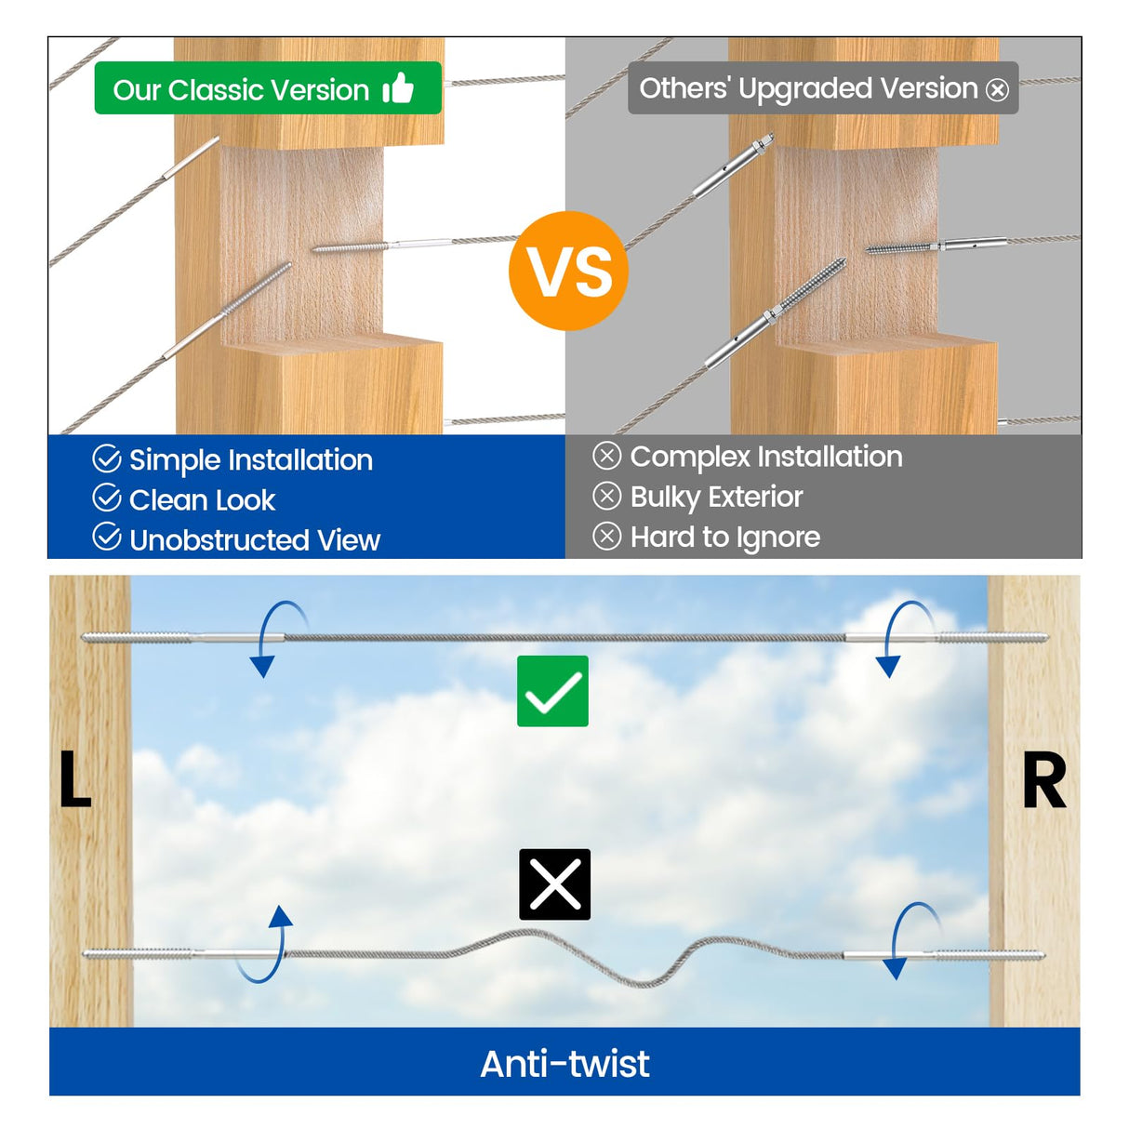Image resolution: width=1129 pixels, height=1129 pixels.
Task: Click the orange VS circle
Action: (x=568, y=271)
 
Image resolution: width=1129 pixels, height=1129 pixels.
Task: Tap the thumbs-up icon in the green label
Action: (x=398, y=88)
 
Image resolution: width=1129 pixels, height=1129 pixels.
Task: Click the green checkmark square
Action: (x=552, y=691)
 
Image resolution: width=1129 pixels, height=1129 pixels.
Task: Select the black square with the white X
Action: (x=554, y=884)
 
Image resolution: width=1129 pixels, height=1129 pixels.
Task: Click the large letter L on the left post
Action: (x=74, y=778)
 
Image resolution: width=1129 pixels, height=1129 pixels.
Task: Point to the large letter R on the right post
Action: (x=1043, y=781)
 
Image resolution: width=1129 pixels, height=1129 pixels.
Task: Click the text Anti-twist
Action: (x=564, y=1064)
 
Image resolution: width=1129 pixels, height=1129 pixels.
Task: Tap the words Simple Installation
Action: (x=250, y=459)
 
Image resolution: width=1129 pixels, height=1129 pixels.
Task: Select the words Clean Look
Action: (x=202, y=500)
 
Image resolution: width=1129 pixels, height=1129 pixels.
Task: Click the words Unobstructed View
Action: (x=254, y=540)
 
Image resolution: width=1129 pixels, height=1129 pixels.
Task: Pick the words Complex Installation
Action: (x=765, y=457)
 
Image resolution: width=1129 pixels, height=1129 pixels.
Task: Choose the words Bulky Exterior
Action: (x=716, y=497)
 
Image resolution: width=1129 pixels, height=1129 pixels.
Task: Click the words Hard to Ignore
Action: (x=724, y=538)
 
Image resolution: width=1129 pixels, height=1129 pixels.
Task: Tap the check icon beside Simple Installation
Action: (x=107, y=458)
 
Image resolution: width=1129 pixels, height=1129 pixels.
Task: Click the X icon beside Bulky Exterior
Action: (x=606, y=496)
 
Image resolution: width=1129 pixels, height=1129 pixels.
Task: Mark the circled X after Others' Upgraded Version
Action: (x=997, y=90)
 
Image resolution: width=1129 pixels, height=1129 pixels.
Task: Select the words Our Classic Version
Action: (x=241, y=90)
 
